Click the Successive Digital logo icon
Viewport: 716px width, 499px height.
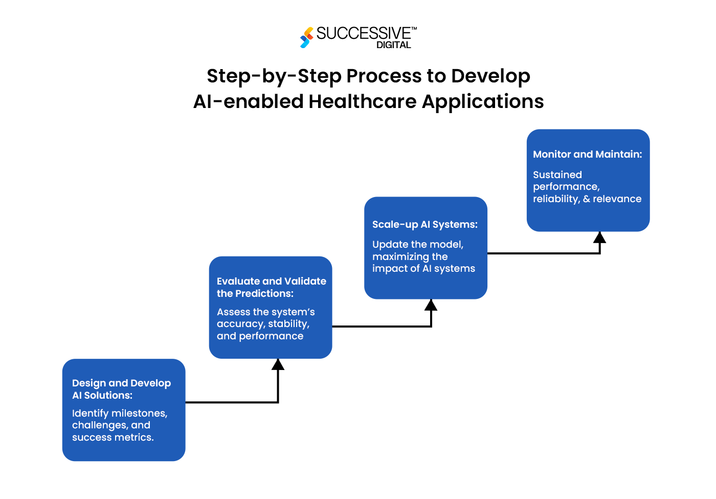[307, 37]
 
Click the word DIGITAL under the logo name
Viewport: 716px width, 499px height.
[393, 45]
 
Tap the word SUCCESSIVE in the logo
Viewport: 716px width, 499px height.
[363, 33]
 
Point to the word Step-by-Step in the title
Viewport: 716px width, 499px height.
[274, 76]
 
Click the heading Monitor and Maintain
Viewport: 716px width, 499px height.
[587, 154]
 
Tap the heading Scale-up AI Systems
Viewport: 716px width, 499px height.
[424, 224]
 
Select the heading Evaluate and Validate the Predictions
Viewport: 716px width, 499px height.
[271, 287]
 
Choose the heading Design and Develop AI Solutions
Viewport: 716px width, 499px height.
[121, 389]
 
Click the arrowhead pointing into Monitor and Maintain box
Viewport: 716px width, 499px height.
[599, 237]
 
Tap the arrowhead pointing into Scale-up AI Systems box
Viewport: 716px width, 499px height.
[431, 305]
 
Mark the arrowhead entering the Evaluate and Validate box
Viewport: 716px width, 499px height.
[278, 364]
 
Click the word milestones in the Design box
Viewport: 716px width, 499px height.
[139, 413]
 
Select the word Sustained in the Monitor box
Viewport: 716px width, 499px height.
[557, 175]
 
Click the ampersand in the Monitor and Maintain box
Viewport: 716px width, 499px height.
[586, 199]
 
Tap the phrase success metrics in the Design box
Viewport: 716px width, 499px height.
[113, 437]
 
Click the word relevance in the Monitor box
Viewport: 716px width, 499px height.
[617, 199]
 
